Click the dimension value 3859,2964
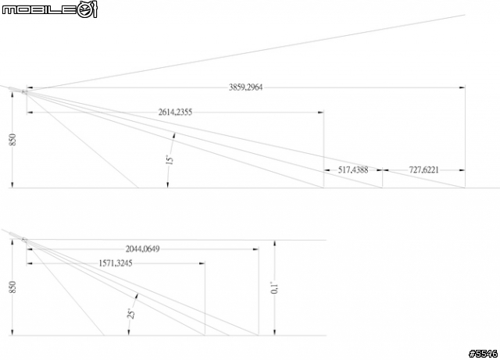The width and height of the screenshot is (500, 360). (245, 87)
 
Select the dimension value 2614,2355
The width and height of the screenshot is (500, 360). (175, 112)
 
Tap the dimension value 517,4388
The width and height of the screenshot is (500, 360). (353, 170)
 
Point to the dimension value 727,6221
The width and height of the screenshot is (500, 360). (423, 170)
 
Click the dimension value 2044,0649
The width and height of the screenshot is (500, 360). (142, 248)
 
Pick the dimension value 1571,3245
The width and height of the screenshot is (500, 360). (116, 263)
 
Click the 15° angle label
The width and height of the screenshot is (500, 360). (170, 159)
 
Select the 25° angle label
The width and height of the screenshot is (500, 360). (131, 313)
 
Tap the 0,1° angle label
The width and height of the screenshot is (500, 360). (275, 287)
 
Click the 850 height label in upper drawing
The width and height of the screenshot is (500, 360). (12, 140)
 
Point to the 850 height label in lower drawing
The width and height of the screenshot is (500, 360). (12, 287)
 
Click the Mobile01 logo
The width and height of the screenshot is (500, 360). (49, 9)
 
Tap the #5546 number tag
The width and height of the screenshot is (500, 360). (483, 354)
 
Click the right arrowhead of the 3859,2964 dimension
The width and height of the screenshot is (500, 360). (462, 87)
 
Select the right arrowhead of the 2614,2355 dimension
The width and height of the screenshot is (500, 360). (320, 112)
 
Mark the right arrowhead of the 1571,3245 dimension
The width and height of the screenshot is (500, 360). (202, 263)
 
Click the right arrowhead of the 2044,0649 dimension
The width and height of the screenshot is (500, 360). (255, 248)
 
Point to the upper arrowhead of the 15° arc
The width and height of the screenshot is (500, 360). (173, 136)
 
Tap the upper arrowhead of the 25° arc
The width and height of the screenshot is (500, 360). (137, 297)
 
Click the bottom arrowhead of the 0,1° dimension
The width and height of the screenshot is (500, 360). (275, 332)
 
